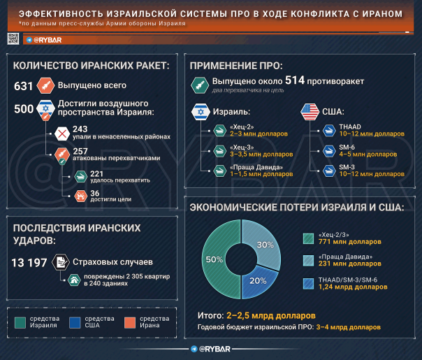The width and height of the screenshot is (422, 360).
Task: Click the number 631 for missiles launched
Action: point(24,86)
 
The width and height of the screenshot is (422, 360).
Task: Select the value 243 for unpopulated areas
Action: point(80,129)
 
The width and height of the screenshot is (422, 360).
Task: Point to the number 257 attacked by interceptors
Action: point(80,150)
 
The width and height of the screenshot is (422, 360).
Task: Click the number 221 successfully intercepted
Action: point(98,173)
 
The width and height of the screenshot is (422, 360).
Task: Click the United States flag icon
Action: point(310,110)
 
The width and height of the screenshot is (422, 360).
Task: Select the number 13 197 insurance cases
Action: point(29,262)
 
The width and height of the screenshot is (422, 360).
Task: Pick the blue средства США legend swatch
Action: point(75,322)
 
